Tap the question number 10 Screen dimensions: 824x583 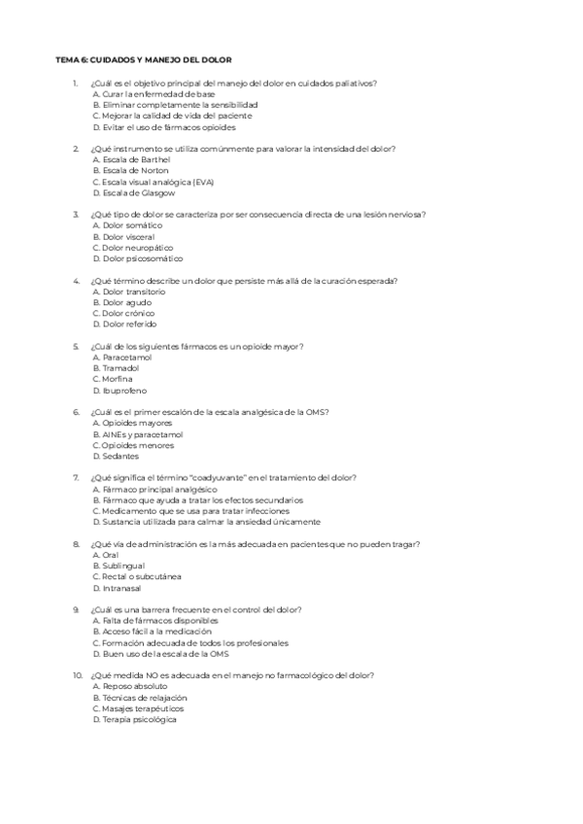77,675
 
